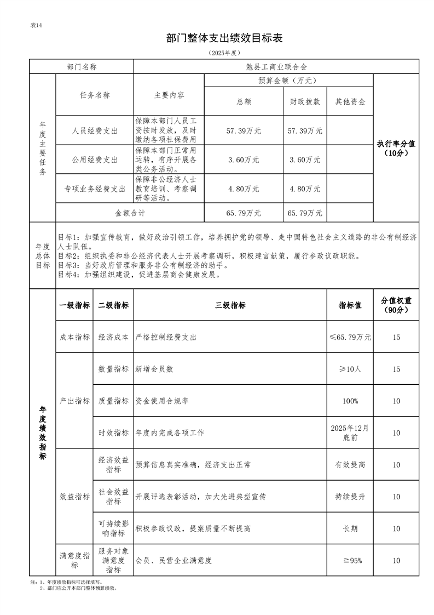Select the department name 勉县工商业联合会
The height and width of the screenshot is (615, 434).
coord(276,66)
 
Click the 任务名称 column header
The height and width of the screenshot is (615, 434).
coord(95,95)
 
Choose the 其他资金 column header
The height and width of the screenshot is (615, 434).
coord(350,102)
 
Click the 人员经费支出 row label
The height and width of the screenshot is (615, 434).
coord(95,131)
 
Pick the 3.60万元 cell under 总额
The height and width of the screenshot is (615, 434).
coord(244,160)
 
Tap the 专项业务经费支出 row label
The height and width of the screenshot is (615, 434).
coord(95,189)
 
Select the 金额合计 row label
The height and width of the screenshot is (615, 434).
coord(130,212)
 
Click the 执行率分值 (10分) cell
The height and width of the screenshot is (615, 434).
coord(396,148)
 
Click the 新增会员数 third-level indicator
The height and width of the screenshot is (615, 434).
coord(155,369)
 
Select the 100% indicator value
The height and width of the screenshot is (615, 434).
coord(350,401)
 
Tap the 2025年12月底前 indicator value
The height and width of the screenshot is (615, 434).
coord(350,432)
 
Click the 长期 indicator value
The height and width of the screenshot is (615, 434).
coord(350,528)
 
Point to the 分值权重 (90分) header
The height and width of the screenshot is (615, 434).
coord(396,305)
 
